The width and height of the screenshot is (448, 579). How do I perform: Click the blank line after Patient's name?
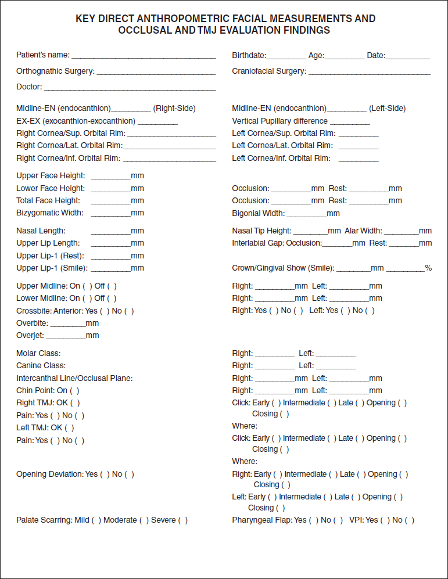pos(144,57)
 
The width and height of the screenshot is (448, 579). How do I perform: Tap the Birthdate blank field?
pos(286,57)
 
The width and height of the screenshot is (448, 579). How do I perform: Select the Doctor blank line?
pos(130,88)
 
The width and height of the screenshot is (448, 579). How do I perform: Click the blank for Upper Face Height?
pos(110,177)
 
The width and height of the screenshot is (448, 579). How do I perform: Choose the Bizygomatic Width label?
pos(50,213)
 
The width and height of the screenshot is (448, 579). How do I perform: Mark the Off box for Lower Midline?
pos(112,299)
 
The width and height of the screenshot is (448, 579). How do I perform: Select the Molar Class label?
pos(38,353)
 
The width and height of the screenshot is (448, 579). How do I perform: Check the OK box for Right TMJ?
pos(75,403)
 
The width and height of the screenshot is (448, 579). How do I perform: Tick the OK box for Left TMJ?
pos(70,428)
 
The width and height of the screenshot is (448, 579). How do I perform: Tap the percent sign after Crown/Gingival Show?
pos(428,268)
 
